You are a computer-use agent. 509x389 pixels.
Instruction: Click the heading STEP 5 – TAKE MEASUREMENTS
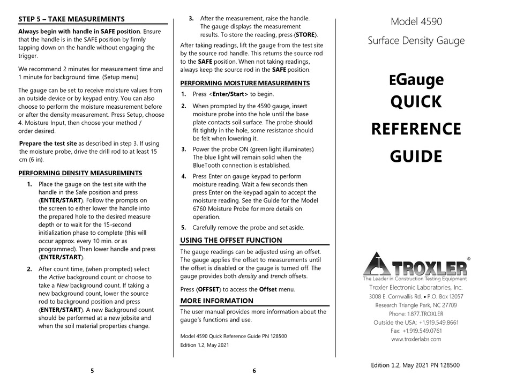point(71,19)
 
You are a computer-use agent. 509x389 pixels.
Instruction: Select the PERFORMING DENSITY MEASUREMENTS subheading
point(80,173)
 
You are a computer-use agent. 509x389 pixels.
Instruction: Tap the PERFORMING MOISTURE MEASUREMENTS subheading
point(245,83)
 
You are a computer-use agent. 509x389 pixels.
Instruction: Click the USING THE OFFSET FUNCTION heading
point(231,240)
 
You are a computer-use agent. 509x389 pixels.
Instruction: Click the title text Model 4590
point(416,22)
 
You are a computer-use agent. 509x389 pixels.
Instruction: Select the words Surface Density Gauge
point(416,41)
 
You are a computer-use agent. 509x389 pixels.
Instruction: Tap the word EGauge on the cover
point(416,79)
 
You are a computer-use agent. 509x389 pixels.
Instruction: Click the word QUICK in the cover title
point(416,102)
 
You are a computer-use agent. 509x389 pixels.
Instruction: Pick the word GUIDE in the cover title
point(416,156)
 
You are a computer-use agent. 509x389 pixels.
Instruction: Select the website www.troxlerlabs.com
point(416,339)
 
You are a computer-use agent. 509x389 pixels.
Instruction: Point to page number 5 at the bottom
point(92,370)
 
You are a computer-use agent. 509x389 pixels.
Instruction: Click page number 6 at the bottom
point(254,370)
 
